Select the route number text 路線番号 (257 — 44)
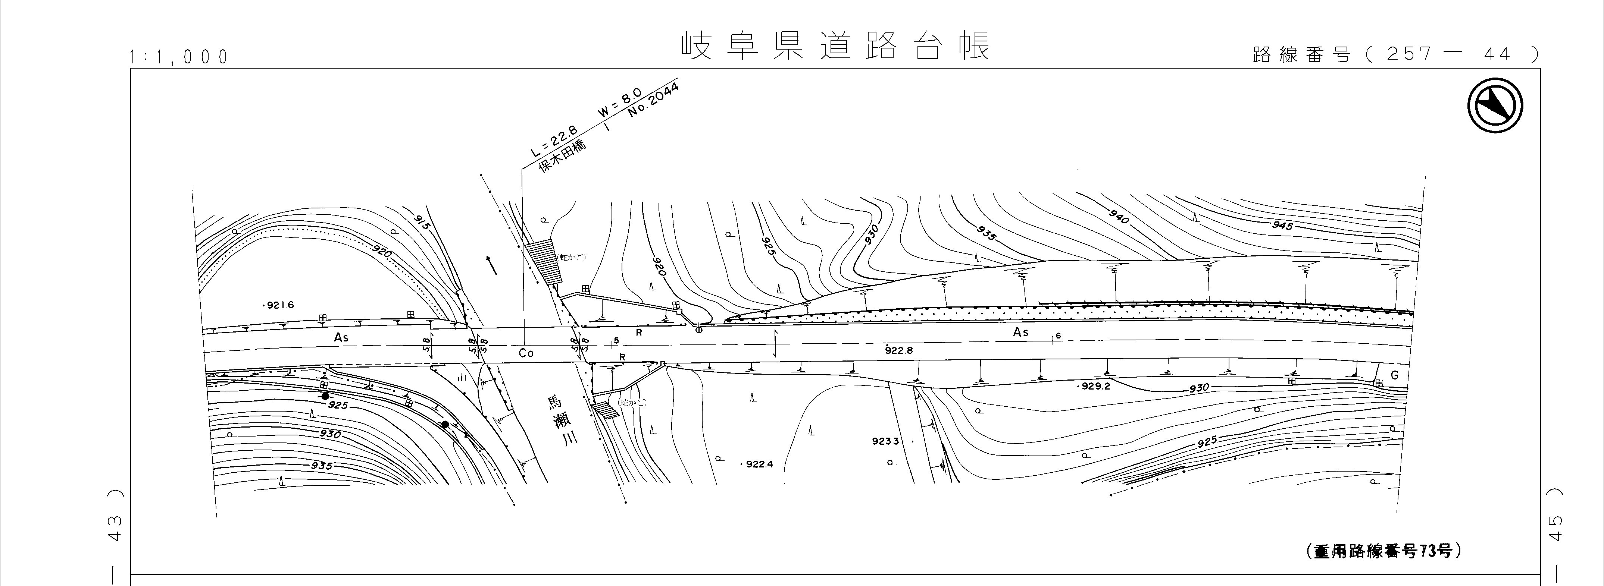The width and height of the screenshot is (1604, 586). (1395, 54)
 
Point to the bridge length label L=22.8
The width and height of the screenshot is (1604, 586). (554, 141)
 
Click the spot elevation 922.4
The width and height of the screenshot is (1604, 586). (758, 464)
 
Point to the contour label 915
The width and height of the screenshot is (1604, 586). (422, 221)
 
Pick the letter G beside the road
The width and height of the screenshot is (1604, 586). (1394, 376)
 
